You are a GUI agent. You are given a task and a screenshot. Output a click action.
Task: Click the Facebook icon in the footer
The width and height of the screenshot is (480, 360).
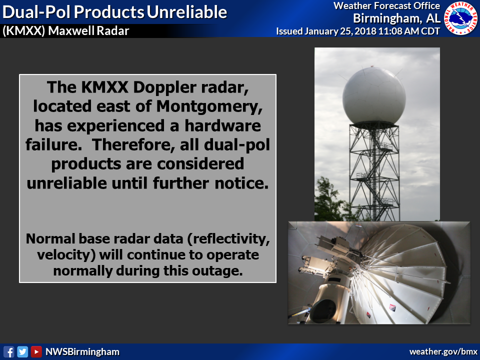pyautogui.click(x=8, y=351)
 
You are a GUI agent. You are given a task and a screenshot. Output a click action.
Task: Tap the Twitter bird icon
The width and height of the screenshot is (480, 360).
pyautogui.click(x=22, y=351)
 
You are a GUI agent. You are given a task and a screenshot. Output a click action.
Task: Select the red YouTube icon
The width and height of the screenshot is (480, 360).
pyautogui.click(x=36, y=351)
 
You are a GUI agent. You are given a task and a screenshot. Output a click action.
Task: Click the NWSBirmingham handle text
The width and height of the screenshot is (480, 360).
pyautogui.click(x=82, y=352)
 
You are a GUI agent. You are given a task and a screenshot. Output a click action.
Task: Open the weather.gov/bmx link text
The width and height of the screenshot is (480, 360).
pyautogui.click(x=443, y=351)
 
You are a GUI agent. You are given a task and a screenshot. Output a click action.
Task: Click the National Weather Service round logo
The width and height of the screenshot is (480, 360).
pyautogui.click(x=460, y=18)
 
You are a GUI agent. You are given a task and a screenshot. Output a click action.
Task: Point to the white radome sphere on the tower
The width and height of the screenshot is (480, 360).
pyautogui.click(x=374, y=96)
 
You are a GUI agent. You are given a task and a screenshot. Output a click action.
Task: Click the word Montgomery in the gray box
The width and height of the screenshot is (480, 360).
pyautogui.click(x=209, y=106)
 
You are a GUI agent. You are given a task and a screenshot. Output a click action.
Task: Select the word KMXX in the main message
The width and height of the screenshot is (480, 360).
pyautogui.click(x=104, y=87)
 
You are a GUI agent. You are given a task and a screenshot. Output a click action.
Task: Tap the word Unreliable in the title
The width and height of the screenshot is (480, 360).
pyautogui.click(x=186, y=12)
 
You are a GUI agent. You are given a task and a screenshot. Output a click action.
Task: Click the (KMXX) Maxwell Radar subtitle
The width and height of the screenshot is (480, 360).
pyautogui.click(x=66, y=31)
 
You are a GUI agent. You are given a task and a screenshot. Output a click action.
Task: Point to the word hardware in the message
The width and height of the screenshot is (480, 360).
pyautogui.click(x=222, y=125)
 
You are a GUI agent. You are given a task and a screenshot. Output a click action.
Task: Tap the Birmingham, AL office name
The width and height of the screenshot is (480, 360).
pyautogui.click(x=396, y=18)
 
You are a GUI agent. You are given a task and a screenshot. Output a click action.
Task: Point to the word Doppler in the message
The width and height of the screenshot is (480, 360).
pyautogui.click(x=164, y=88)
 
